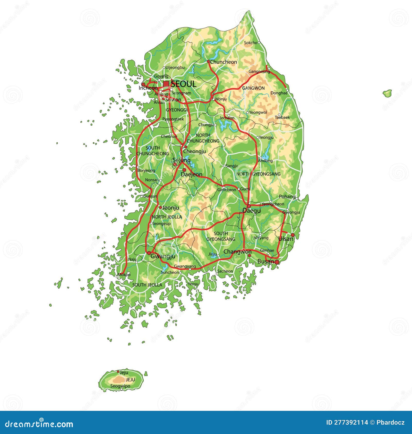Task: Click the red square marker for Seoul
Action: point(166,84)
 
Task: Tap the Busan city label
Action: point(265,262)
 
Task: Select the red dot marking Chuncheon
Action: point(208,62)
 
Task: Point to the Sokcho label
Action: point(250,43)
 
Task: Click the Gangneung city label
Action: point(259,72)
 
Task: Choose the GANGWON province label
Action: point(253,88)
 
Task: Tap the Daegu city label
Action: point(251,211)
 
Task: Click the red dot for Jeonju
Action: point(160,207)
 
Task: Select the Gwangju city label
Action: point(163,256)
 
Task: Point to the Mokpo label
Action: point(124,275)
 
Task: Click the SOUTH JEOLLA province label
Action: point(147,285)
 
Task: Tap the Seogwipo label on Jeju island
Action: point(120,386)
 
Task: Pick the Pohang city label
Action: point(287,197)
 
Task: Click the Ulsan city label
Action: point(286,239)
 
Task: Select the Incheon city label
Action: point(148,88)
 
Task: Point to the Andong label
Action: point(265,161)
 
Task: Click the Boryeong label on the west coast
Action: point(146,170)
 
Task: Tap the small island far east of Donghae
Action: point(387,93)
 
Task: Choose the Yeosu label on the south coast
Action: point(193,284)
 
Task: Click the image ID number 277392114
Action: point(347,422)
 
